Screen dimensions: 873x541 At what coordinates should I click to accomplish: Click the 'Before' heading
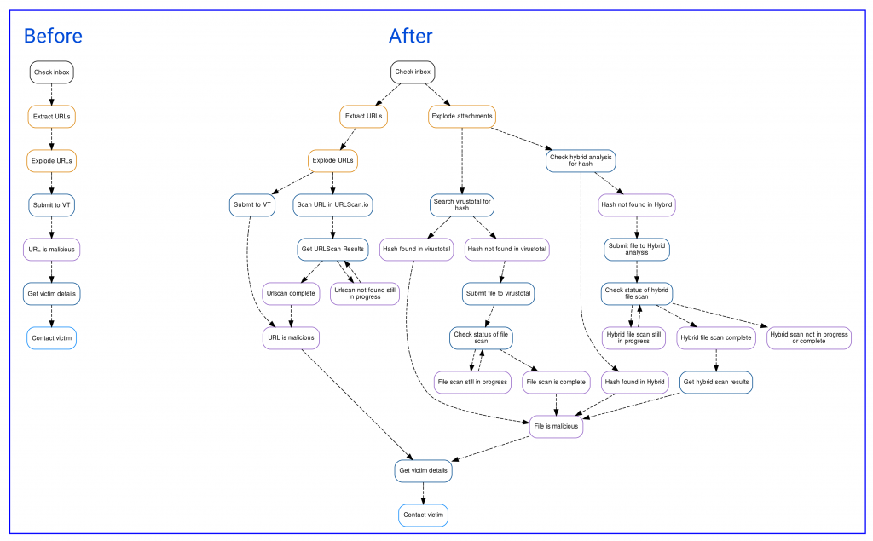(x=53, y=36)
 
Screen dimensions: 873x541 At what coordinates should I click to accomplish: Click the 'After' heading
(x=410, y=36)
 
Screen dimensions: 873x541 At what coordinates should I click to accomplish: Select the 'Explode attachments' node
(x=462, y=117)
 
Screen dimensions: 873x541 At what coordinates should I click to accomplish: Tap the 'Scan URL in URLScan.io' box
(x=333, y=204)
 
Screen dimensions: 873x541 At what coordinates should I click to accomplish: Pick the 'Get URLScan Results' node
(x=333, y=250)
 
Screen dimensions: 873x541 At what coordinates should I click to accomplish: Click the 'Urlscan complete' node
(x=291, y=293)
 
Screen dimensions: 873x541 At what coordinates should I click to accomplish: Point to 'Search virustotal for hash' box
(x=462, y=204)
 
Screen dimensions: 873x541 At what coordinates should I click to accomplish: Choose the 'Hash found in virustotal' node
(x=416, y=250)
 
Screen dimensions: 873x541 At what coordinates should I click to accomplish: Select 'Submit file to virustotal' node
(x=498, y=293)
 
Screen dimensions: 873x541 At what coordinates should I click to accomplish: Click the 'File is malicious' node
(x=556, y=426)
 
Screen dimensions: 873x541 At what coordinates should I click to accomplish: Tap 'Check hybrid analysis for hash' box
(x=581, y=161)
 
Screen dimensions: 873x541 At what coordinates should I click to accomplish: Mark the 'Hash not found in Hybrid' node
(x=637, y=204)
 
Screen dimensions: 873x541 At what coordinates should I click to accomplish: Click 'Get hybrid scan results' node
(x=716, y=383)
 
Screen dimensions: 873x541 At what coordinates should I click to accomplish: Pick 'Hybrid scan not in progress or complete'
(x=809, y=338)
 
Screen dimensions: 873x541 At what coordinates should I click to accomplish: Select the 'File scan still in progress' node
(x=472, y=383)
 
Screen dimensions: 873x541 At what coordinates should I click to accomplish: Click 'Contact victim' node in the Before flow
(x=52, y=338)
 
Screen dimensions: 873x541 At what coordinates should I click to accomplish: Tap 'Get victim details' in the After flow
(x=423, y=471)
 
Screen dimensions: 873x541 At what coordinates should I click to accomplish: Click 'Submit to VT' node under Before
(x=52, y=204)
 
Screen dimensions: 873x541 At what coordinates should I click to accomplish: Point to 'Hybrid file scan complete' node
(x=716, y=338)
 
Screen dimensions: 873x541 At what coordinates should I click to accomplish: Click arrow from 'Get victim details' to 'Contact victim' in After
(x=423, y=493)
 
